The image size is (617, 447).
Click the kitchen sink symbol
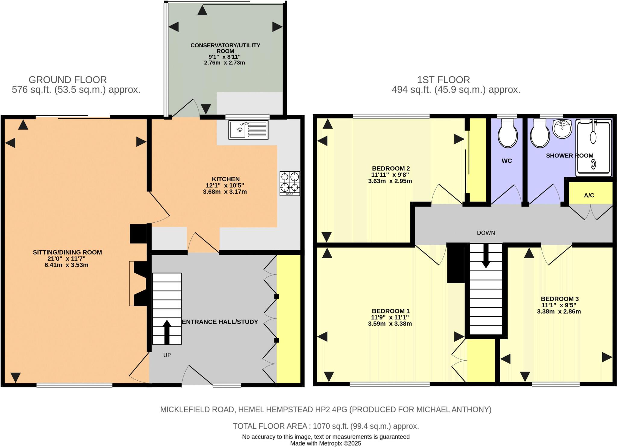tap(248, 130)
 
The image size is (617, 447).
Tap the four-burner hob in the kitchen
tap(290, 183)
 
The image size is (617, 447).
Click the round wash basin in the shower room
tap(562, 129)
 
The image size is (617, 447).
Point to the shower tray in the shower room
tap(594, 148)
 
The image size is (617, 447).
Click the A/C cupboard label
tap(589, 195)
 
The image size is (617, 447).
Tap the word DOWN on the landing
tap(486, 233)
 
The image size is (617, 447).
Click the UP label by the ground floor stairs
tap(167, 355)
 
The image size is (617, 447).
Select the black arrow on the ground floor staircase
tap(167, 332)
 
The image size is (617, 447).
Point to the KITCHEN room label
tap(226, 179)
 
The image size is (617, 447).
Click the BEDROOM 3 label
tap(559, 299)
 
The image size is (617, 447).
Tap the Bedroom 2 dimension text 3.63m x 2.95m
tap(390, 181)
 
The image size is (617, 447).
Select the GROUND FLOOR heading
tap(68, 80)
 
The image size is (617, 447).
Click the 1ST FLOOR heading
tap(443, 80)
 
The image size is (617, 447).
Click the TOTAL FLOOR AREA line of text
tap(326, 426)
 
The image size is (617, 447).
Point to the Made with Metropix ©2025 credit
tap(325, 443)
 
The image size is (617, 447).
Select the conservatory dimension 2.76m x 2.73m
tap(224, 63)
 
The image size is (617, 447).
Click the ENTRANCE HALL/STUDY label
tap(220, 322)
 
